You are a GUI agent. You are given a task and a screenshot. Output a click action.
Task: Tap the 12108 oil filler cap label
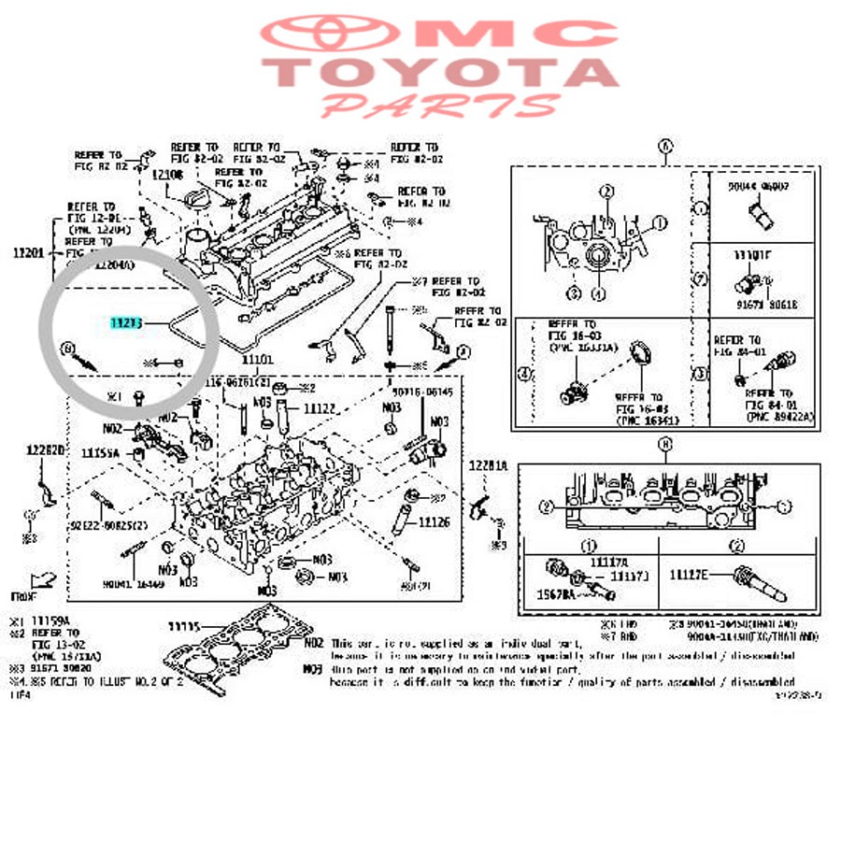click(168, 175)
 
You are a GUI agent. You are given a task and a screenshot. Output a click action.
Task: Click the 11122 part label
click(319, 408)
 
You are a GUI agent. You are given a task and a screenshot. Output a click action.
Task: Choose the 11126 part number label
click(435, 522)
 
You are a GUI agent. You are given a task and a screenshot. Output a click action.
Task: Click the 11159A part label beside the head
click(101, 452)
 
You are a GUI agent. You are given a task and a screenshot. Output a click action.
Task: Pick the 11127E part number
click(690, 575)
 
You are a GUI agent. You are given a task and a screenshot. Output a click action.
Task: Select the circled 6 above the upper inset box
click(664, 146)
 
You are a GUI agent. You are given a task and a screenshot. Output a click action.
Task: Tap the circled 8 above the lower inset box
click(664, 446)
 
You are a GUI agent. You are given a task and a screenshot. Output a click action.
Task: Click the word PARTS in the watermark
click(439, 105)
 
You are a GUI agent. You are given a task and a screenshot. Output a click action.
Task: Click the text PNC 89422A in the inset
click(779, 417)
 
